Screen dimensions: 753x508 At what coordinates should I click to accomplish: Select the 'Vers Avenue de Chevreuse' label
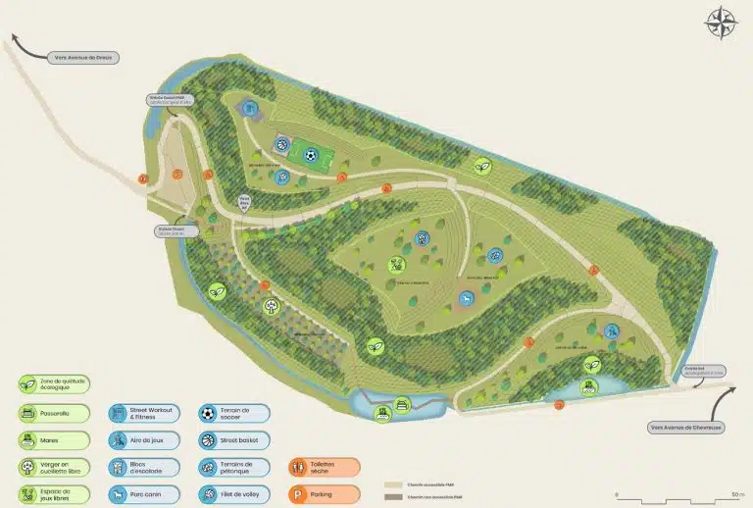point(685,427)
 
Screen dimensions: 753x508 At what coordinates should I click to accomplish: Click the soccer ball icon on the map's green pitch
point(311,154)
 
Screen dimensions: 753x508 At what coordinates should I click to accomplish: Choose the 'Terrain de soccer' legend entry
point(233,414)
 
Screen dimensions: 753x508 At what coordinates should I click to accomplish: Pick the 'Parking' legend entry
point(324,494)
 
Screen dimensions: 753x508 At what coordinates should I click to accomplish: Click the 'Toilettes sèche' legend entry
point(324,467)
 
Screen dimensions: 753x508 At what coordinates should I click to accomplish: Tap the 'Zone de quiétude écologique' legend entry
point(55,386)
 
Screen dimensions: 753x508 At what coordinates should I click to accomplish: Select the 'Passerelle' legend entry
point(55,414)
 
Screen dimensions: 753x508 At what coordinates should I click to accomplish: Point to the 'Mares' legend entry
point(55,440)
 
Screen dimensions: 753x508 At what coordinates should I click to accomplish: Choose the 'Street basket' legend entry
point(233,440)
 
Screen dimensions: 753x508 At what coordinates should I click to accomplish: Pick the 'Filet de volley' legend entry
point(233,494)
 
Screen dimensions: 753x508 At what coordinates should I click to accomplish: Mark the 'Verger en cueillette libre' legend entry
point(55,467)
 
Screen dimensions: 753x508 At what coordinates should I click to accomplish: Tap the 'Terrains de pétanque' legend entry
point(233,467)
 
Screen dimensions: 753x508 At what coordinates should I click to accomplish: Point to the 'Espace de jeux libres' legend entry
point(55,494)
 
